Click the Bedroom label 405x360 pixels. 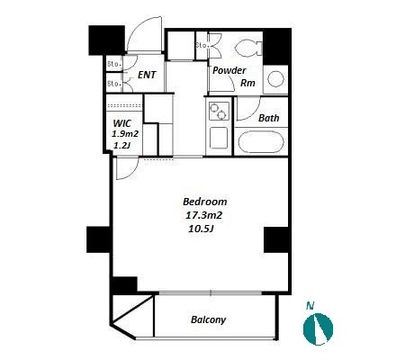[x=205, y=202]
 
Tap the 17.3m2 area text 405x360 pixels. [x=203, y=215]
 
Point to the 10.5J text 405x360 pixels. [x=201, y=229]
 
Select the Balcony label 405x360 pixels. [x=208, y=319]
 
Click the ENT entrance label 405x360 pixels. [x=147, y=75]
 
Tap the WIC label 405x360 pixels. [x=122, y=123]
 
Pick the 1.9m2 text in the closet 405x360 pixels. [x=125, y=134]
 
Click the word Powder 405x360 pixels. [x=229, y=70]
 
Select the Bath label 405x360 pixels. [x=269, y=118]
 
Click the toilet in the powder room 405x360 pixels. [x=248, y=48]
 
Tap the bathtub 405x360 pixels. [x=261, y=142]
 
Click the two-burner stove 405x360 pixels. [x=219, y=111]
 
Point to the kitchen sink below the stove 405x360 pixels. [x=219, y=138]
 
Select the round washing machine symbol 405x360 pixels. [x=275, y=80]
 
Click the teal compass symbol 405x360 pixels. [x=318, y=328]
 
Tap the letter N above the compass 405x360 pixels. [x=310, y=306]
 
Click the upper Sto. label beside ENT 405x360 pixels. [x=114, y=64]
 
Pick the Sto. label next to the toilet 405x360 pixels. [x=202, y=45]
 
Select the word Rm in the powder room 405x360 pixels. [x=247, y=83]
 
